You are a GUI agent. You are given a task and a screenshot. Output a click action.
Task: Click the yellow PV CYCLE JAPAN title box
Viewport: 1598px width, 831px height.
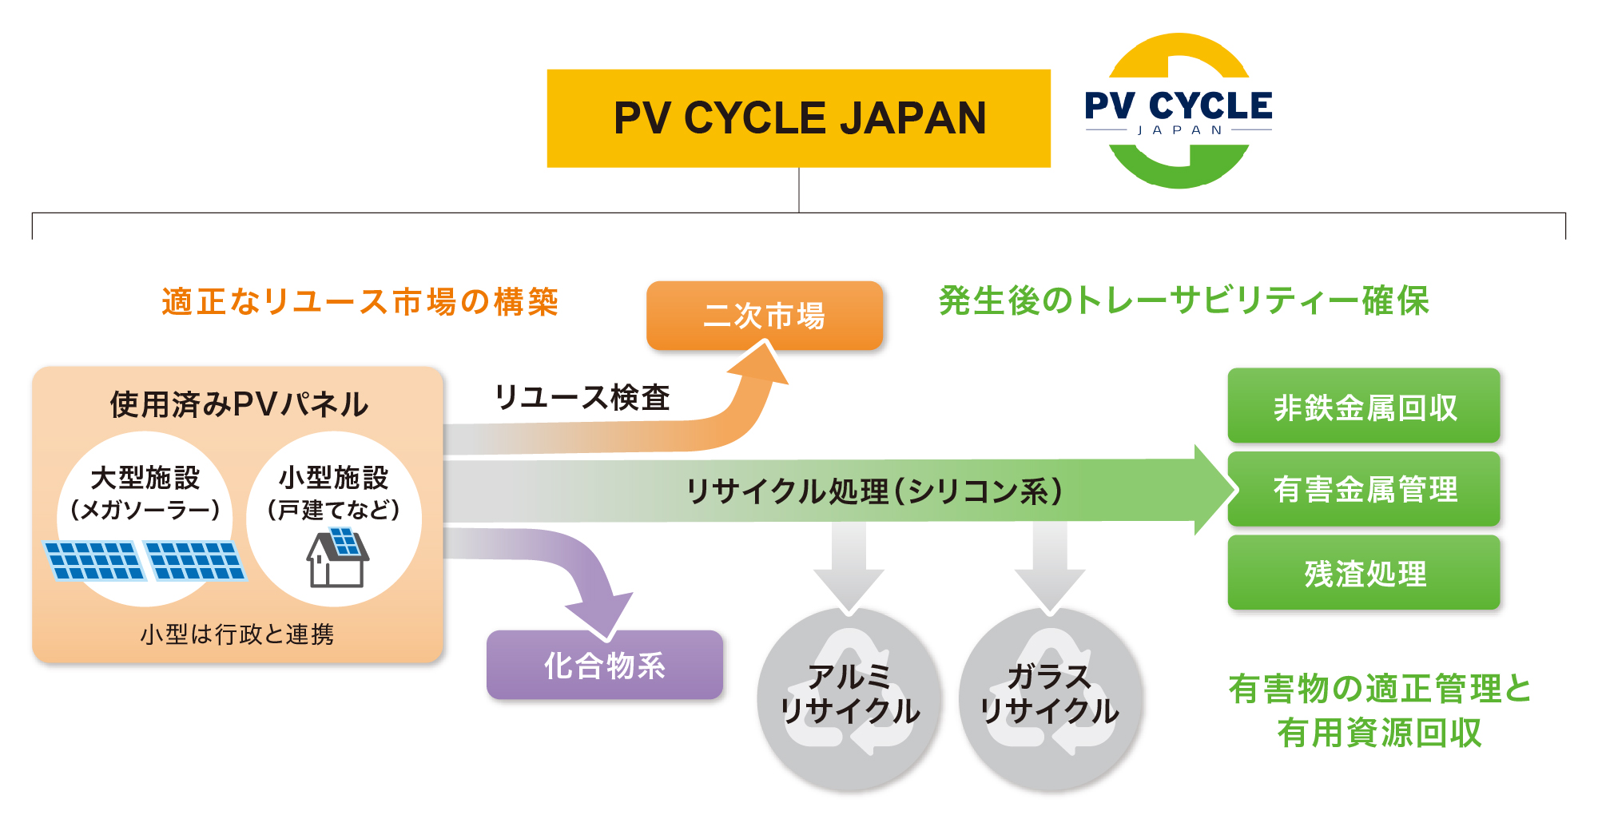798,118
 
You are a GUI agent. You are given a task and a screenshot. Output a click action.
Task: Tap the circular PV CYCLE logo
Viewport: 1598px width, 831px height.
1179,111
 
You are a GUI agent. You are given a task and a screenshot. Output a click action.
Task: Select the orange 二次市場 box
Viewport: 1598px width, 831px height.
764,316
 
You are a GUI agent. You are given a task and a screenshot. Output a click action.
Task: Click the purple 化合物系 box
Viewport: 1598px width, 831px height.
604,665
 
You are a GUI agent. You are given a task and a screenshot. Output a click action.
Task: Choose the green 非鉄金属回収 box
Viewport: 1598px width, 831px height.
1363,406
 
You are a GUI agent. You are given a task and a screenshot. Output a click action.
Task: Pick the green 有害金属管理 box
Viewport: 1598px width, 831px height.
1363,489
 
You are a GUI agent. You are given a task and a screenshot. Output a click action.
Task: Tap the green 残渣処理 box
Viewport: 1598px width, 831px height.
1363,573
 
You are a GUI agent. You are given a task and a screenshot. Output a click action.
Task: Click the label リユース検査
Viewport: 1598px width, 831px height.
581,397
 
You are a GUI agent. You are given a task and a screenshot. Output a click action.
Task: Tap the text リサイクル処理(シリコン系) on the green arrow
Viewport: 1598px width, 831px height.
874,491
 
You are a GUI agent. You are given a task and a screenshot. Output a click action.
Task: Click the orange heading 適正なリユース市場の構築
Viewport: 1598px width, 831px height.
360,302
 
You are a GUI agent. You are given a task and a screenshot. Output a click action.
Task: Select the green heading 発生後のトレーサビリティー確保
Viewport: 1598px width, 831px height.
1183,301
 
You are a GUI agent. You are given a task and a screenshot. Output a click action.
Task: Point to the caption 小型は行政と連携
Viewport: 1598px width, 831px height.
237,634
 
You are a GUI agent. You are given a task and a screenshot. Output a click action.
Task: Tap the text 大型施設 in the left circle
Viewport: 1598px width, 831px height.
145,478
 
